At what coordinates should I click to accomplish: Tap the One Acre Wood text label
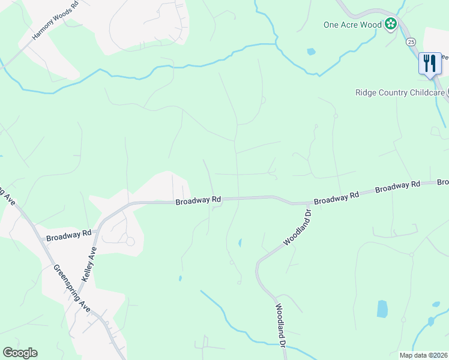coord(352,25)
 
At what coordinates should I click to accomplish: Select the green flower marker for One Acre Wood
coord(391,25)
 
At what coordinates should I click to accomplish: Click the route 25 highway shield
coord(411,41)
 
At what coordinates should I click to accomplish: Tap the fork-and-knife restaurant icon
coord(429,63)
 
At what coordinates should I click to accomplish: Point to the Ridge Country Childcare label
coord(400,92)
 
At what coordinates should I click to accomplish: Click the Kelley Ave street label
coord(90,265)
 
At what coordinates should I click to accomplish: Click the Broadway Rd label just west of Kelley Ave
coord(68,235)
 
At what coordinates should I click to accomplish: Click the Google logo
coord(20,353)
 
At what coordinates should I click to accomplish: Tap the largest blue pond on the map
coord(382,308)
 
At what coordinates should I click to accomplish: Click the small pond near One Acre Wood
coord(311,52)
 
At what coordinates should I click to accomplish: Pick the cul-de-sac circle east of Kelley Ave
coord(130,241)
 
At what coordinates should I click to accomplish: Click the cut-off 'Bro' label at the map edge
coord(442,182)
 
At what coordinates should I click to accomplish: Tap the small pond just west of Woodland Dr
coord(240,243)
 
